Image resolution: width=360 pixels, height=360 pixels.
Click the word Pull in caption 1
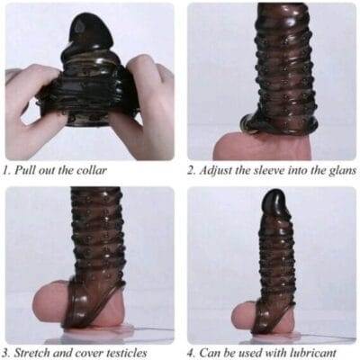tap(24, 170)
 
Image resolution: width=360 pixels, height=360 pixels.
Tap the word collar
tap(93, 170)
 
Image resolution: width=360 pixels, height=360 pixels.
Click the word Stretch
tap(31, 352)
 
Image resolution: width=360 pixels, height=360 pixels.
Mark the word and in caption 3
tap(60, 352)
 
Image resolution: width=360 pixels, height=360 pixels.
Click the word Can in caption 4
tap(208, 352)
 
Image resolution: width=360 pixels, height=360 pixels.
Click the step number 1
tap(6, 171)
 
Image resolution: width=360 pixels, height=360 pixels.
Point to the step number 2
tap(191, 171)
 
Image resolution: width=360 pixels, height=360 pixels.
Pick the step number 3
tap(6, 353)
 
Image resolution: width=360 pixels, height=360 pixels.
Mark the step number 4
tap(191, 353)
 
